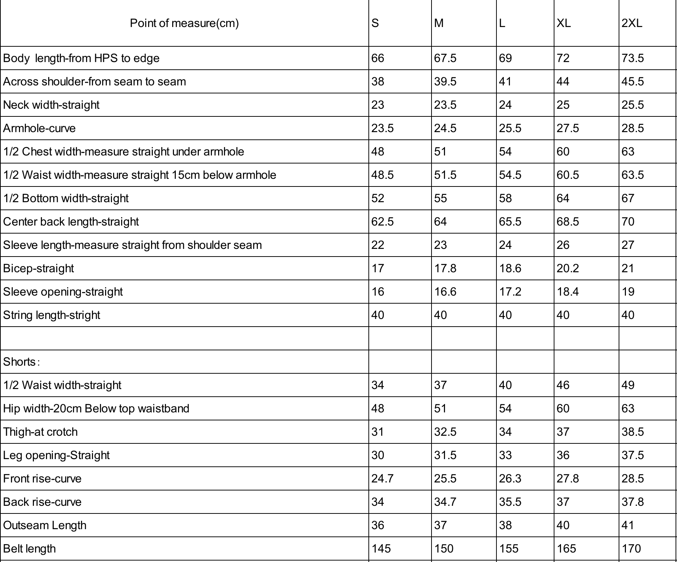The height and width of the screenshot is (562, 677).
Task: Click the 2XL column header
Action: pyautogui.click(x=632, y=23)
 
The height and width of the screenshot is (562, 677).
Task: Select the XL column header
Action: pyautogui.click(x=564, y=23)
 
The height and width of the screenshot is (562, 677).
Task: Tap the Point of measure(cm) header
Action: pyautogui.click(x=184, y=23)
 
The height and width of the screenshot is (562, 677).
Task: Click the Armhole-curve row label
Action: pyautogui.click(x=39, y=128)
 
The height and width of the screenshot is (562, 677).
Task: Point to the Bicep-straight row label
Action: pyautogui.click(x=38, y=268)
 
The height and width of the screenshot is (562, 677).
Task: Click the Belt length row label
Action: pyautogui.click(x=30, y=548)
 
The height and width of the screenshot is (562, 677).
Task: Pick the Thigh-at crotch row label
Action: pyautogui.click(x=40, y=432)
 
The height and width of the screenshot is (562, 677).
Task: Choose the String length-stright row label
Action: pyautogui.click(x=51, y=315)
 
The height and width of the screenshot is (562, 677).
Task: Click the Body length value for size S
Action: pyautogui.click(x=378, y=58)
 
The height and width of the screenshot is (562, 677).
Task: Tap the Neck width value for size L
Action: pyautogui.click(x=505, y=105)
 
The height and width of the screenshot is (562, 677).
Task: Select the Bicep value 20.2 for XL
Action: pyautogui.click(x=568, y=268)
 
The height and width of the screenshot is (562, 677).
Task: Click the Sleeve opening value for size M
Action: pyautogui.click(x=445, y=292)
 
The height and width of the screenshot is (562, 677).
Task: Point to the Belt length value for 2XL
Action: pyautogui.click(x=631, y=548)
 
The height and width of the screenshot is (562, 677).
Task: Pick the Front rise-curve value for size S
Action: pyautogui.click(x=382, y=478)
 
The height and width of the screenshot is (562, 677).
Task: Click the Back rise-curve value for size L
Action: pyautogui.click(x=510, y=502)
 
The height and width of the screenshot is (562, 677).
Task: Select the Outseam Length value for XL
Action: pyautogui.click(x=563, y=525)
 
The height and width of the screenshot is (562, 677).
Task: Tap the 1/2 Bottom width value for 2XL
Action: pyautogui.click(x=628, y=198)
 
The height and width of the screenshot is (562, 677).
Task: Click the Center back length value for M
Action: pyautogui.click(x=440, y=222)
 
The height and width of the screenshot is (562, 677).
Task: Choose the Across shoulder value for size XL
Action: pyautogui.click(x=563, y=81)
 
